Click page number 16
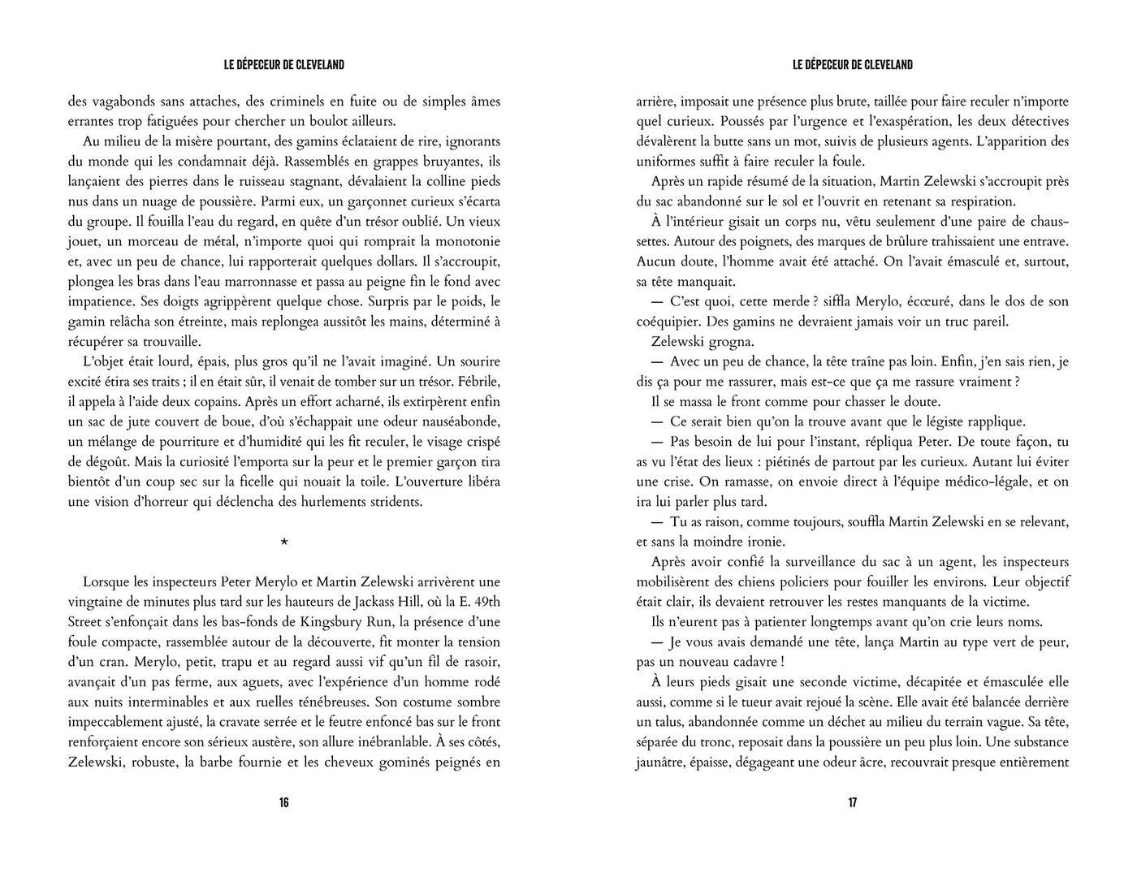(283, 803)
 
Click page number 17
(853, 803)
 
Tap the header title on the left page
(283, 65)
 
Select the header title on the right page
(853, 65)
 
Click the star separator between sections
(283, 542)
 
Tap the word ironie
(757, 542)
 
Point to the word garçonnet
(365, 201)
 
